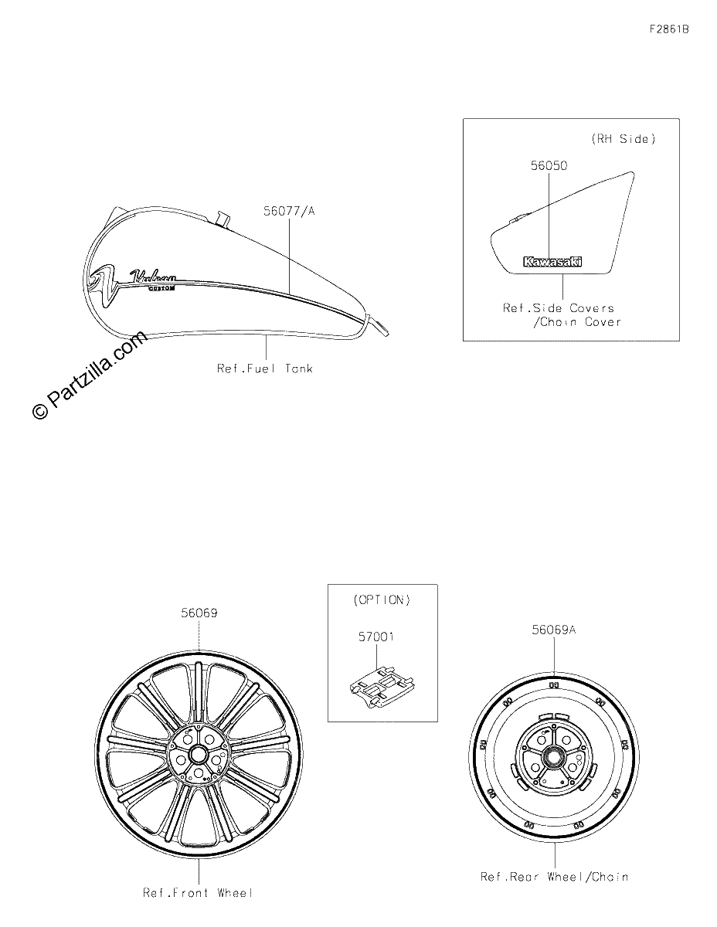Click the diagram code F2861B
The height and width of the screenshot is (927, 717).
[x=669, y=29]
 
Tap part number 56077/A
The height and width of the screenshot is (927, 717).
[x=289, y=211]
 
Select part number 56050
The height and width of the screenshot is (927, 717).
[x=549, y=165]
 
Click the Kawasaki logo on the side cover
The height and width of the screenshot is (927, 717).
[x=552, y=262]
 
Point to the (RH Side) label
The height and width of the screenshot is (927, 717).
[x=624, y=138]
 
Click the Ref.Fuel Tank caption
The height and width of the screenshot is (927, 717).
[x=264, y=368]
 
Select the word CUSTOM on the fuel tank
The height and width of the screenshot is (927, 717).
[x=161, y=288]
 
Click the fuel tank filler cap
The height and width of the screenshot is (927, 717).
[x=223, y=218]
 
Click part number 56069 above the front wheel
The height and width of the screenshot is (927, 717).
[x=199, y=613]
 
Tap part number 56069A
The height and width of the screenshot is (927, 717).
[x=553, y=630]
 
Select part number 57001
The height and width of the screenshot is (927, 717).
[x=376, y=637]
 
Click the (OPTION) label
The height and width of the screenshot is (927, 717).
[x=382, y=599]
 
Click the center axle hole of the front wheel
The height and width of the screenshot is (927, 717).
[x=198, y=754]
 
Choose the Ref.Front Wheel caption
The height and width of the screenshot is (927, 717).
[x=198, y=892]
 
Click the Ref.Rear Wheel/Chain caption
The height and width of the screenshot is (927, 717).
[x=554, y=876]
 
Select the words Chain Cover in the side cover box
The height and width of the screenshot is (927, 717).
[x=580, y=321]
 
